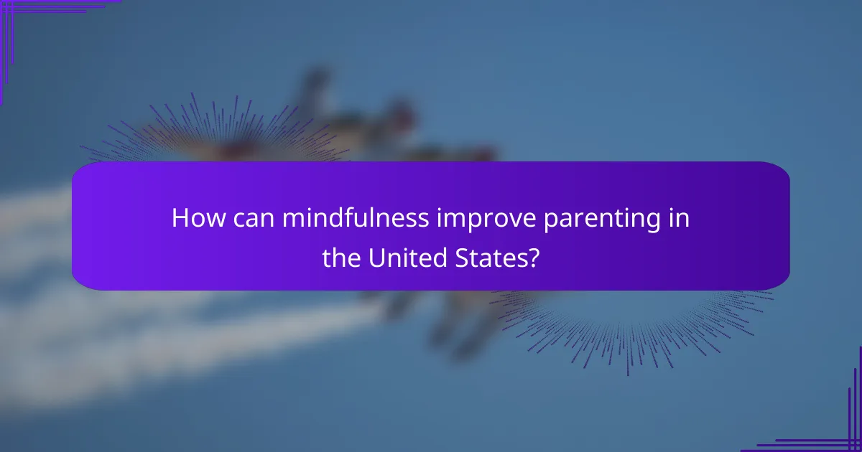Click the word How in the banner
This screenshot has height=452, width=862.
coord(195,218)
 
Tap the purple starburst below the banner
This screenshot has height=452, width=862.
coord(632,323)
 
